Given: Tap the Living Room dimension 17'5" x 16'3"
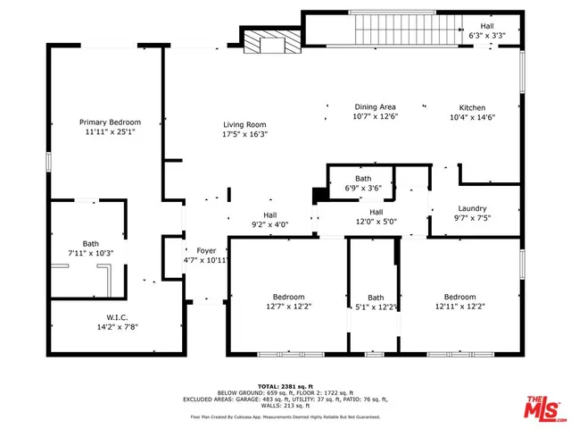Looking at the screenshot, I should click(245, 135).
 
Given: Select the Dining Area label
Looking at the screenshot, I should click(375, 106).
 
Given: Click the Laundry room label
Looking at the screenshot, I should click(472, 208).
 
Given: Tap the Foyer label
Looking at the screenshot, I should click(207, 251).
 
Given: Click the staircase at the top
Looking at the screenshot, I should click(393, 30).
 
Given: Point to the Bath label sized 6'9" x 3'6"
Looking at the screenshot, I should click(363, 179).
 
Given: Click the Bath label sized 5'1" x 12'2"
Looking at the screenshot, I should click(376, 298).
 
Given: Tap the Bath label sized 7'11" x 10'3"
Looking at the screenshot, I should click(91, 243).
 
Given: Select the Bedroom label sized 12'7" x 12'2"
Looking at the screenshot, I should click(289, 297).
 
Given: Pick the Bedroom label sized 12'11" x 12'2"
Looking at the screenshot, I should click(459, 297).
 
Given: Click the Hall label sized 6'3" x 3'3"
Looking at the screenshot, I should click(487, 26).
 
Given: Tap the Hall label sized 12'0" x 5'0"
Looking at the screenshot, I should click(376, 212).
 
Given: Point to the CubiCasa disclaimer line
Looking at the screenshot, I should click(285, 416).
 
